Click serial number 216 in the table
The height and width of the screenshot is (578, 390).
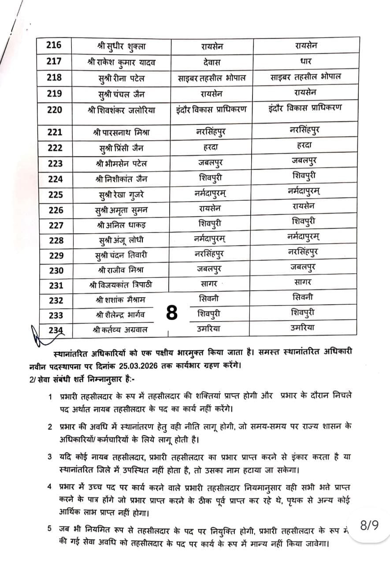pos(54,45)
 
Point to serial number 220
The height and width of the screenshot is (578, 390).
pos(54,109)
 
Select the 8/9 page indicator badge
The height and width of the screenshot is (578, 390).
pos(369,526)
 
